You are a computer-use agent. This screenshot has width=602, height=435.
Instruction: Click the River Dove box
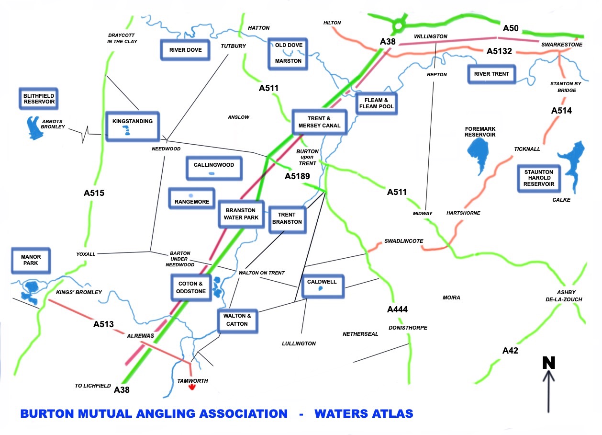[185, 50]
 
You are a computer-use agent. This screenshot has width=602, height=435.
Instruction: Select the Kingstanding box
[133, 126]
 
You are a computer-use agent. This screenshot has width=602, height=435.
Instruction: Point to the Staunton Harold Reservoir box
[538, 178]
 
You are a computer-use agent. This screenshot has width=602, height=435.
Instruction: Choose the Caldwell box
[322, 286]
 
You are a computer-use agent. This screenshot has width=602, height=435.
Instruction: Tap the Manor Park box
[31, 261]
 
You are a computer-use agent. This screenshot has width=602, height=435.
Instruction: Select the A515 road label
[94, 194]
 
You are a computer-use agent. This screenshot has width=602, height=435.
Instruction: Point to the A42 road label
[510, 351]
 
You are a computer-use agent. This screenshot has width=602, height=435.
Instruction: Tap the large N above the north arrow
[549, 363]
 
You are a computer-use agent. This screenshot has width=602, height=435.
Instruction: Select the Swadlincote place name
[403, 241]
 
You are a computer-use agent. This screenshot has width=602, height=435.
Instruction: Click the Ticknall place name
[527, 149]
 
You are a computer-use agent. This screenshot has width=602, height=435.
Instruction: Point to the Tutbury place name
[233, 46]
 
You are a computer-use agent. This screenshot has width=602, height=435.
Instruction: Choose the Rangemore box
[192, 198]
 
